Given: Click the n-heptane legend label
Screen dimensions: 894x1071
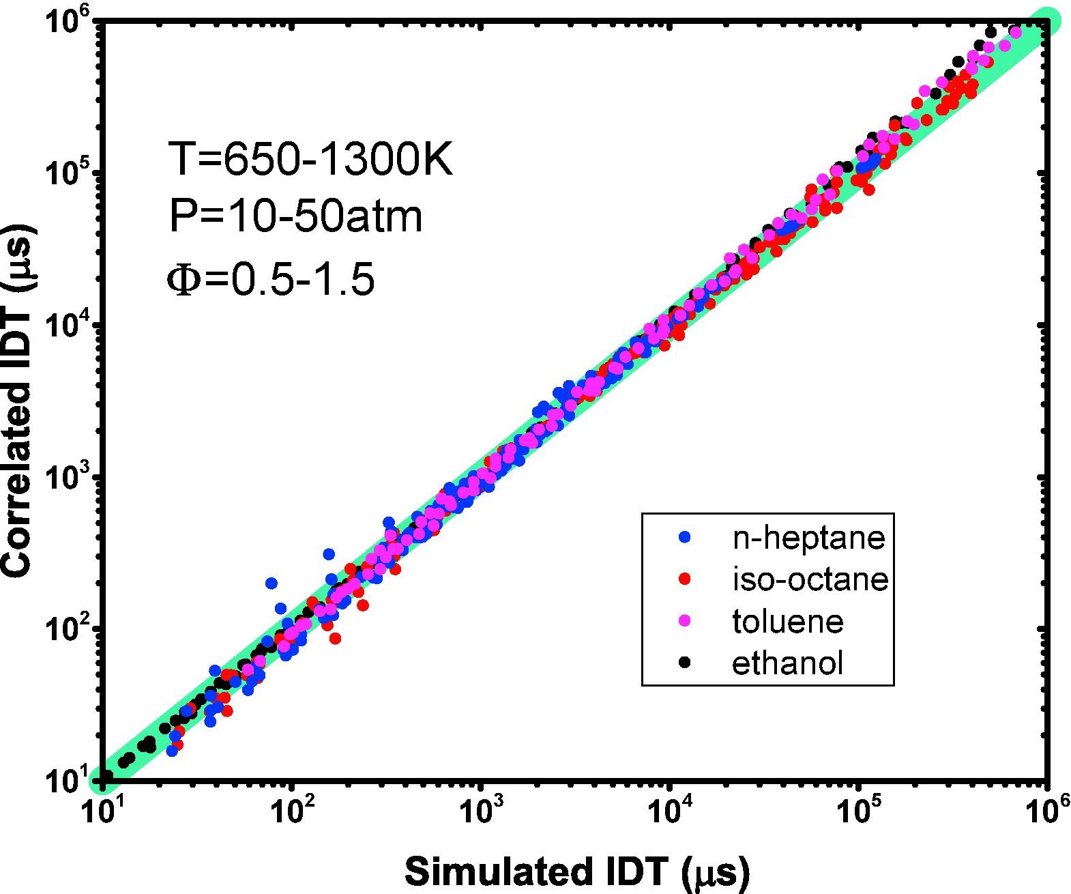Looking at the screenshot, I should tap(808, 538).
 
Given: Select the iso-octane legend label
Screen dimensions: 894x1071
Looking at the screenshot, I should tap(810, 579).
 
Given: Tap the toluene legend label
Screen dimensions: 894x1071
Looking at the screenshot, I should tap(788, 621).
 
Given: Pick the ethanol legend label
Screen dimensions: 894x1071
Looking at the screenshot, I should tap(788, 663).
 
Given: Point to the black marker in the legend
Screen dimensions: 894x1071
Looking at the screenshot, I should tap(686, 662).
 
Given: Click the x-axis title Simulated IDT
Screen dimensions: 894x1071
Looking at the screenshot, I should tap(577, 872).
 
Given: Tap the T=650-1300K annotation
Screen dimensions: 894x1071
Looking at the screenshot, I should tap(310, 162).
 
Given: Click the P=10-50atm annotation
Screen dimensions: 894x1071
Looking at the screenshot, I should tap(295, 217).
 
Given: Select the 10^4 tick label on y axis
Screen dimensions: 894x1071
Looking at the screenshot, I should tap(68, 326).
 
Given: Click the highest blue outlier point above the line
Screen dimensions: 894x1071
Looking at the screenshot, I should tap(271, 583).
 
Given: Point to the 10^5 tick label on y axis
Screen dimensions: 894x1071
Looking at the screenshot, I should tap(68, 174).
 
